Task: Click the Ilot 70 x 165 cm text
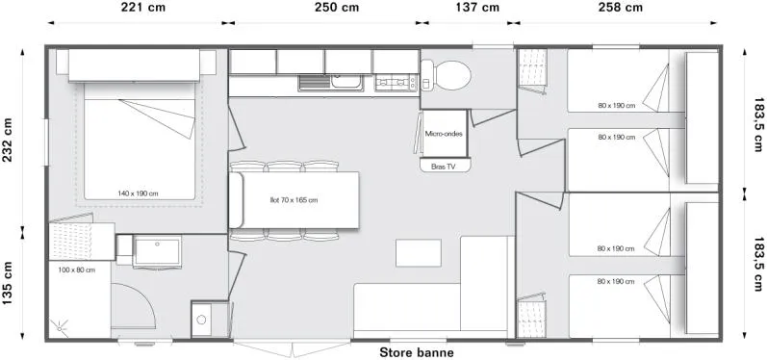tap(294, 200)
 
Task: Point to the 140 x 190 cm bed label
tap(138, 193)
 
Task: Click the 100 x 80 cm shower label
tap(76, 270)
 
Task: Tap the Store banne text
tap(416, 352)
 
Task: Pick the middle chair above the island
tap(284, 166)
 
